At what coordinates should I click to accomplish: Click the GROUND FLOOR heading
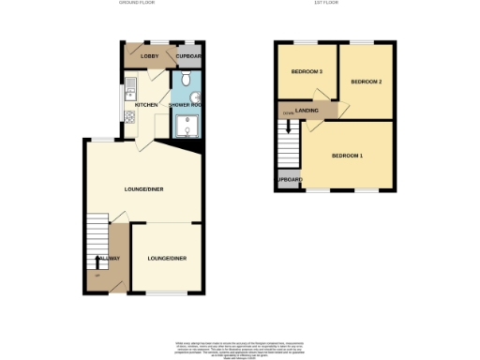point(136,4)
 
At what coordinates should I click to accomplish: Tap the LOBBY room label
point(149,57)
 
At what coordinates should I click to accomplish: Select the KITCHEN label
point(146,104)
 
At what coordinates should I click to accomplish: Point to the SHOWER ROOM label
point(184,104)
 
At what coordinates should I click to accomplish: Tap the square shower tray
point(184,128)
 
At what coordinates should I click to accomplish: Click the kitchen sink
point(132,90)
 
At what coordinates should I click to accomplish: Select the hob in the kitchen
point(130,116)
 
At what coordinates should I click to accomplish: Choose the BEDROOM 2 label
point(366,82)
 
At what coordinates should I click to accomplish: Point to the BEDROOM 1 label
point(347,155)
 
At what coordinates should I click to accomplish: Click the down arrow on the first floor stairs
point(288,114)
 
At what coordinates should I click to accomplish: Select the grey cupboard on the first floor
point(288,180)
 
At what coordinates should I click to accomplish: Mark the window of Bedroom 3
point(306,42)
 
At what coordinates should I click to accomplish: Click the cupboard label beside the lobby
point(188,57)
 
